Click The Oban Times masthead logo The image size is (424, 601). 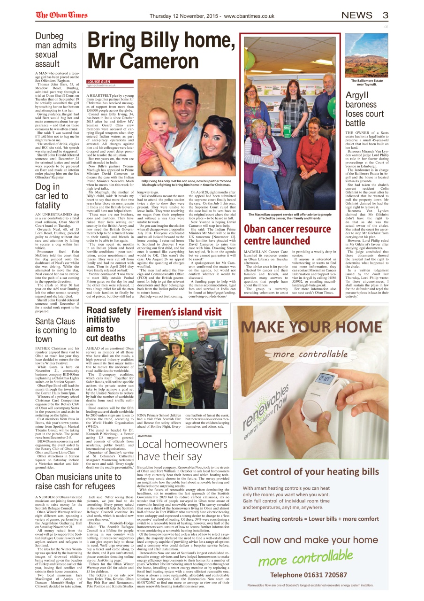pos(61,15)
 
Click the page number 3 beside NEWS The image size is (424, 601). pos(385,15)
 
